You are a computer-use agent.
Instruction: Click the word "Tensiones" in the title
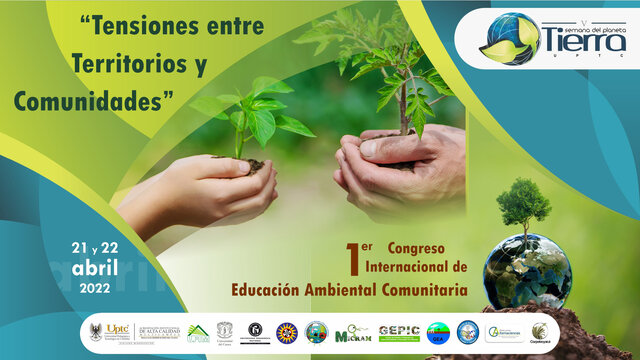[x=141, y=27]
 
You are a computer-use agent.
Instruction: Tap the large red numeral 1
[x=351, y=258]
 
